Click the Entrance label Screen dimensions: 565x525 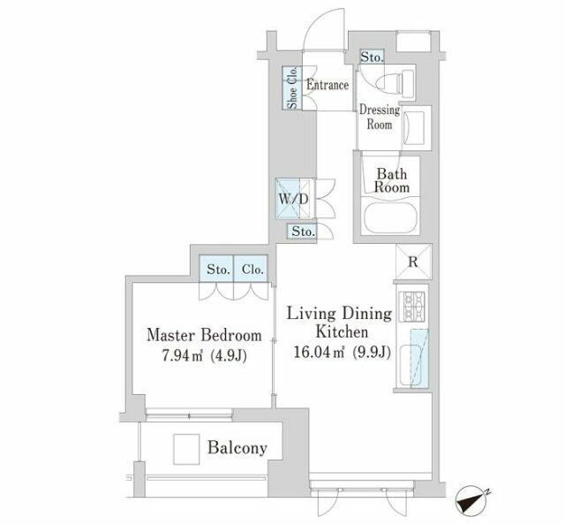(x=328, y=85)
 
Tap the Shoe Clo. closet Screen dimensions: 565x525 (x=292, y=87)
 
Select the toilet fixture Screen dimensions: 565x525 (x=395, y=84)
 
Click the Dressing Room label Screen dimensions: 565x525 (x=380, y=117)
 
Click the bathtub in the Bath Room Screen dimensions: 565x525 (x=390, y=217)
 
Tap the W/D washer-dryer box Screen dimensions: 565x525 (x=292, y=199)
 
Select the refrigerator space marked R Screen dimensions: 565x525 (x=413, y=262)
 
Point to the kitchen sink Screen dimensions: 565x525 (x=410, y=364)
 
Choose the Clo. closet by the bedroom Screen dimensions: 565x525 (x=251, y=269)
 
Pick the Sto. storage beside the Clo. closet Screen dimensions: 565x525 (x=216, y=269)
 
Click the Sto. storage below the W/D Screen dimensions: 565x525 (x=302, y=232)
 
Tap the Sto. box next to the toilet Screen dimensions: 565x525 (x=373, y=57)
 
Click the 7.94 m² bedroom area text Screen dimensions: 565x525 (x=204, y=356)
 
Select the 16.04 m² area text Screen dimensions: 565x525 (x=342, y=352)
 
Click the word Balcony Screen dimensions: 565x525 (x=237, y=448)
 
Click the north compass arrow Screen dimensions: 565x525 (x=470, y=500)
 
